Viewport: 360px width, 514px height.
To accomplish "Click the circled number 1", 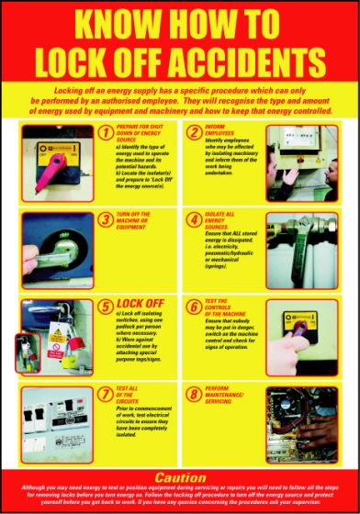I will coord(106,133).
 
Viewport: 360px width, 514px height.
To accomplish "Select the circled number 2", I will coord(194,133).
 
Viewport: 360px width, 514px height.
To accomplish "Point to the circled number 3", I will coord(106,220).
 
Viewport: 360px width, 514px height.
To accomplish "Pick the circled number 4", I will coord(194,220).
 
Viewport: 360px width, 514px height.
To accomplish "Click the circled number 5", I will coord(106,306).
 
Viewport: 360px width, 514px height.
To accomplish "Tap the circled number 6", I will coord(194,306).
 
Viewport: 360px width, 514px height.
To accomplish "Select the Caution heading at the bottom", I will coord(180,477).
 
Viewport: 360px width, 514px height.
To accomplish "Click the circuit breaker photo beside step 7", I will coord(56,421).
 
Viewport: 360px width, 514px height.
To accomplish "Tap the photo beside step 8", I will coord(304,421).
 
